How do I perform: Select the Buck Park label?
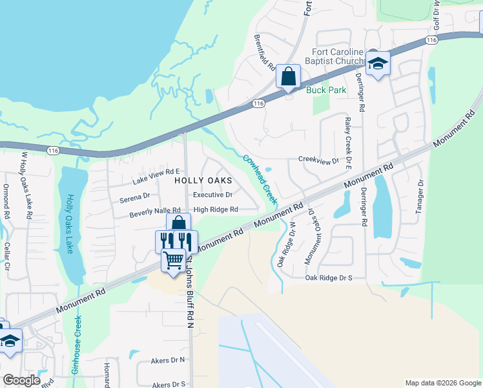tap(326, 90)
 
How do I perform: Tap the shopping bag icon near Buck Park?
tap(288, 77)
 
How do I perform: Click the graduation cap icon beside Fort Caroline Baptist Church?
tap(378, 63)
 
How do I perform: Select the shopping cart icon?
tap(173, 261)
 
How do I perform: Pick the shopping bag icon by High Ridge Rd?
tap(179, 224)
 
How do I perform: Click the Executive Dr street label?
tap(212, 195)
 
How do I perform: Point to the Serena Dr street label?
tap(134, 195)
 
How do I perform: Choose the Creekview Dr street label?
tap(318, 159)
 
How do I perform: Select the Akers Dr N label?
tap(167, 360)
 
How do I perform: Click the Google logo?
tap(21, 381)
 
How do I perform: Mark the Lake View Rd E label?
tap(156, 173)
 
